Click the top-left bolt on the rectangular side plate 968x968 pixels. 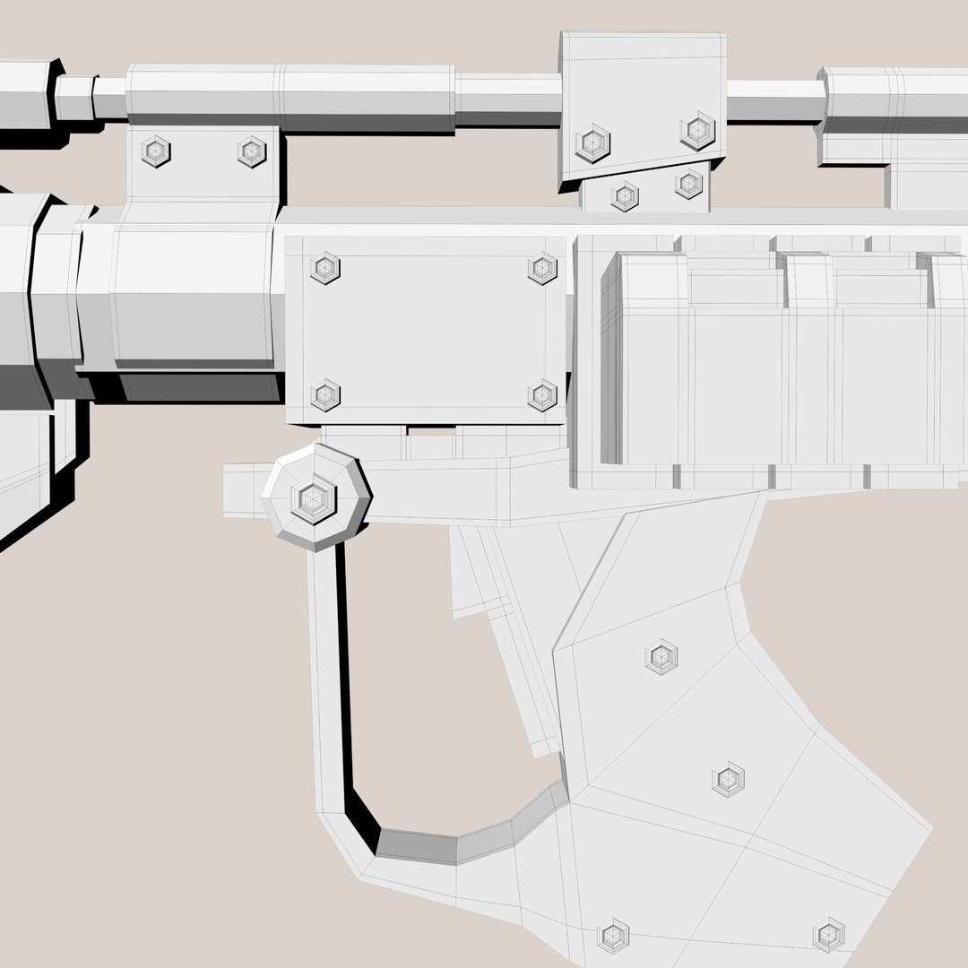coord(324,267)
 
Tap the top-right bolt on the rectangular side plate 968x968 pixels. coord(542,267)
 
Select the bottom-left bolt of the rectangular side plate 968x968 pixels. coord(324,394)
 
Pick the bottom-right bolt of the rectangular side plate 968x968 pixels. coord(542,394)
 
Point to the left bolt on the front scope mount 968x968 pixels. coord(157,151)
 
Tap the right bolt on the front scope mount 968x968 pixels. coord(252,151)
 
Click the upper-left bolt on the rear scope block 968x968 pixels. coord(592,143)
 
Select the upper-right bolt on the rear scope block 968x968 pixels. coord(697,131)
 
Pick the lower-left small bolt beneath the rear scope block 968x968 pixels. coord(625,196)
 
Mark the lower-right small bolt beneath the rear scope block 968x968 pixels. coord(688,184)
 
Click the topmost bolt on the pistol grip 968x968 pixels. coord(661,657)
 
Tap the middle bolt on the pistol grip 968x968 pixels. coord(729,779)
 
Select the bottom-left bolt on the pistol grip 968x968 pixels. coord(613,935)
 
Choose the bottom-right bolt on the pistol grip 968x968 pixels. coord(829,934)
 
